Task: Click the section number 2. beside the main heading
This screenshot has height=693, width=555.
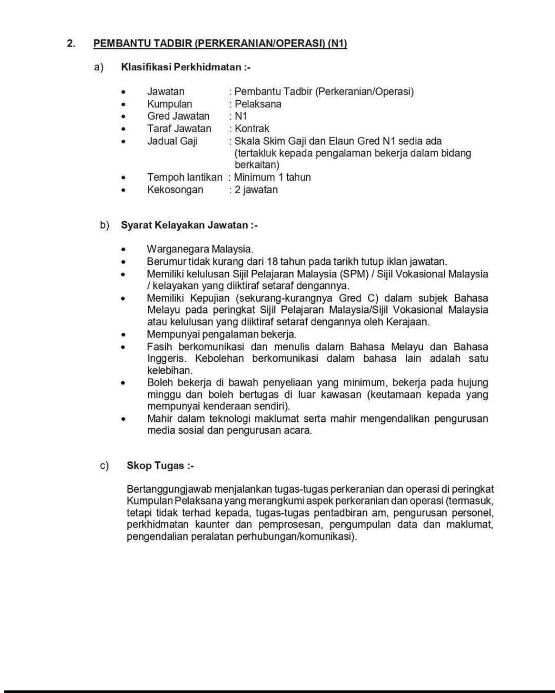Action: pyautogui.click(x=71, y=43)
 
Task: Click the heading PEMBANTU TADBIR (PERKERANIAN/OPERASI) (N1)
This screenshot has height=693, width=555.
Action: pyautogui.click(x=220, y=43)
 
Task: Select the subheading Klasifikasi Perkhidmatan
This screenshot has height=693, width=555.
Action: pyautogui.click(x=185, y=67)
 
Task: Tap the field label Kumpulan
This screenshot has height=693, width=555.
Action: pyautogui.click(x=169, y=104)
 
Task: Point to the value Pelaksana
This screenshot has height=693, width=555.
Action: pyautogui.click(x=257, y=104)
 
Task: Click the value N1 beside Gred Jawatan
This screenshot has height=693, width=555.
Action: pyautogui.click(x=241, y=116)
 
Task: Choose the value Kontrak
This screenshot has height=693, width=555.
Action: pyautogui.click(x=251, y=128)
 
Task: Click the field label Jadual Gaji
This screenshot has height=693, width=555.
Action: pyautogui.click(x=172, y=141)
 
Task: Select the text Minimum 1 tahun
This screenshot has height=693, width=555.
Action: pyautogui.click(x=272, y=177)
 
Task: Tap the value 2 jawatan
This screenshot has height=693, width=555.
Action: pyautogui.click(x=256, y=189)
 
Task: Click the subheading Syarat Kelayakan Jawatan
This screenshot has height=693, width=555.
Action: pyautogui.click(x=189, y=225)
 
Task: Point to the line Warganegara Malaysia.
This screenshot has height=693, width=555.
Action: pyautogui.click(x=199, y=249)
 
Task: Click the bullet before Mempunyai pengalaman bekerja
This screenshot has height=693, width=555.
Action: pyautogui.click(x=124, y=335)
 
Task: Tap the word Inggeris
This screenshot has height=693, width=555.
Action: pyautogui.click(x=166, y=358)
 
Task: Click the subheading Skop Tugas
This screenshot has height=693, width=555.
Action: pyautogui.click(x=160, y=466)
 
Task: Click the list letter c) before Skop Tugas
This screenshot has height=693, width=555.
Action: pyautogui.click(x=104, y=466)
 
